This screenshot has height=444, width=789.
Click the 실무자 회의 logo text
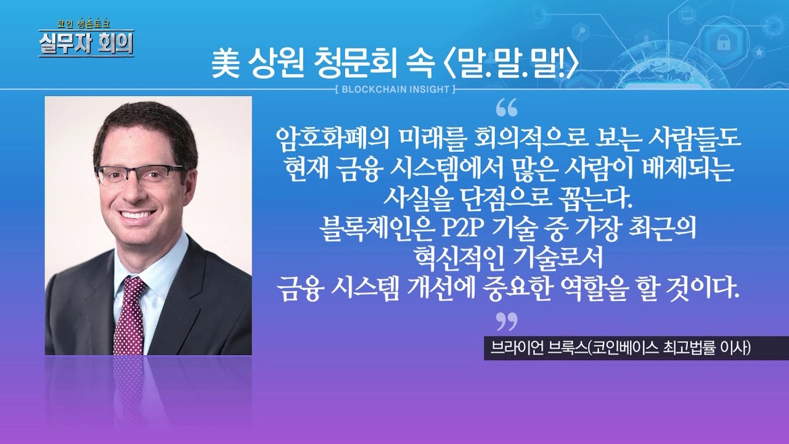click(x=86, y=44)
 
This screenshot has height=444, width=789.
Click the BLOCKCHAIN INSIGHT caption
click(x=395, y=89)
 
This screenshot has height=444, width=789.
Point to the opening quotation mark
click(x=506, y=109)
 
